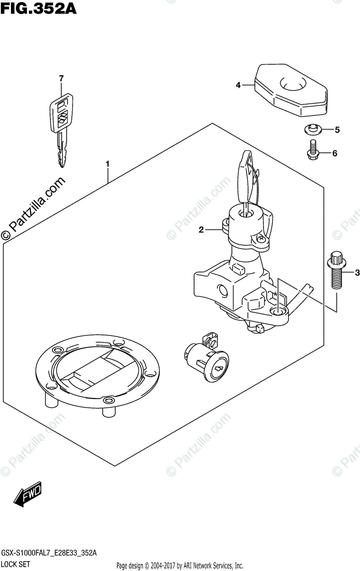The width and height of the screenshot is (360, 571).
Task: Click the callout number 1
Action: pos(108,164)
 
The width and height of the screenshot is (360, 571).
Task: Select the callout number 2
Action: pos(201,230)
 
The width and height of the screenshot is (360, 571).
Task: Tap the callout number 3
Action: pos(357,273)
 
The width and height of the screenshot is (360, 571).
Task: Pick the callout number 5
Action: pos(337,129)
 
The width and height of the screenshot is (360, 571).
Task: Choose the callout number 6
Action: pos(334,153)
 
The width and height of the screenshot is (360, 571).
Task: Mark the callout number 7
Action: pos(61,78)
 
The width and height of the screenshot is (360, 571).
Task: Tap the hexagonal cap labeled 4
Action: pos(291,90)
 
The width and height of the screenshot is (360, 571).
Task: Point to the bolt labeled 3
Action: pos(336,271)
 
